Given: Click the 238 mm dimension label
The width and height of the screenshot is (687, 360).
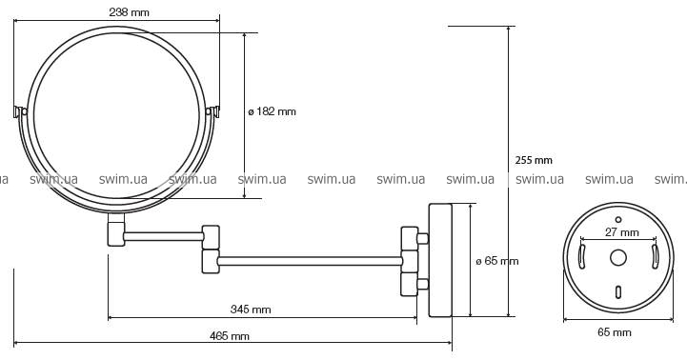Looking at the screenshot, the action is coord(129,12).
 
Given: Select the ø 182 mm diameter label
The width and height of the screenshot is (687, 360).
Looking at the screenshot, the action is coord(273,111).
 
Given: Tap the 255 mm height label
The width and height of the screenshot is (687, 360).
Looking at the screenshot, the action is coord(534,160).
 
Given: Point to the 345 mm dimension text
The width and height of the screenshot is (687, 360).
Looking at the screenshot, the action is coord(251,310).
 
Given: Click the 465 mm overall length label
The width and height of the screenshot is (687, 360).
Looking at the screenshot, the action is coord(230,336).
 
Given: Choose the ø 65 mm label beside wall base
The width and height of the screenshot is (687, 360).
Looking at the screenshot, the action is coord(497,262).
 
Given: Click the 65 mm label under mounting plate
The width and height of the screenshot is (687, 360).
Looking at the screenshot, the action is coord(615,332).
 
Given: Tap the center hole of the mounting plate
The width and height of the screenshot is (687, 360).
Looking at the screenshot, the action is coord(618,258).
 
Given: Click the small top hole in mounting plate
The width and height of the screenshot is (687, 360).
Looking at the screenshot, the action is coord(618,219).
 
